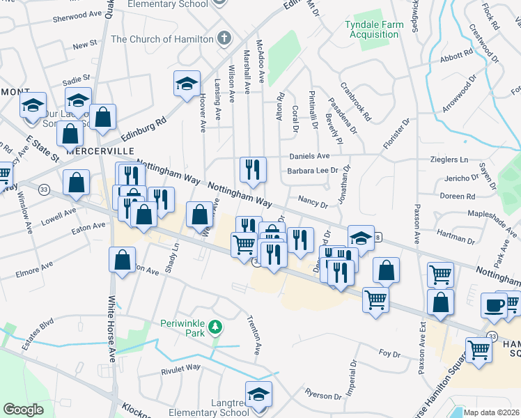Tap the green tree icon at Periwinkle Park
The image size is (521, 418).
pyautogui.click(x=216, y=326)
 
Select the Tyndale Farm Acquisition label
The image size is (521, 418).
pyautogui.click(x=374, y=30)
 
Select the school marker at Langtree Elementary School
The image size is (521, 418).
pyautogui.click(x=258, y=394)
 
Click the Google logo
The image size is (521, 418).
pyautogui.click(x=23, y=410)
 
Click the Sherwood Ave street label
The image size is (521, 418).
pyautogui.click(x=77, y=14)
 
